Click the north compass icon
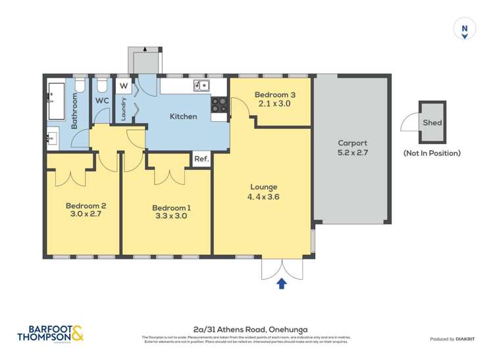click(465, 30)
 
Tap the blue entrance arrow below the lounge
click(282, 284)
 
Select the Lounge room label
click(262, 192)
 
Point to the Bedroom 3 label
click(273, 99)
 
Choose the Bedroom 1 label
click(167, 211)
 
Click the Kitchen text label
click(183, 116)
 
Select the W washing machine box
click(124, 86)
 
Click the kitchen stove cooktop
click(219, 104)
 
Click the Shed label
click(432, 123)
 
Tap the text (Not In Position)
click(432, 153)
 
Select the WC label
click(102, 101)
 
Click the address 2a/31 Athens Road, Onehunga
click(246, 329)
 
